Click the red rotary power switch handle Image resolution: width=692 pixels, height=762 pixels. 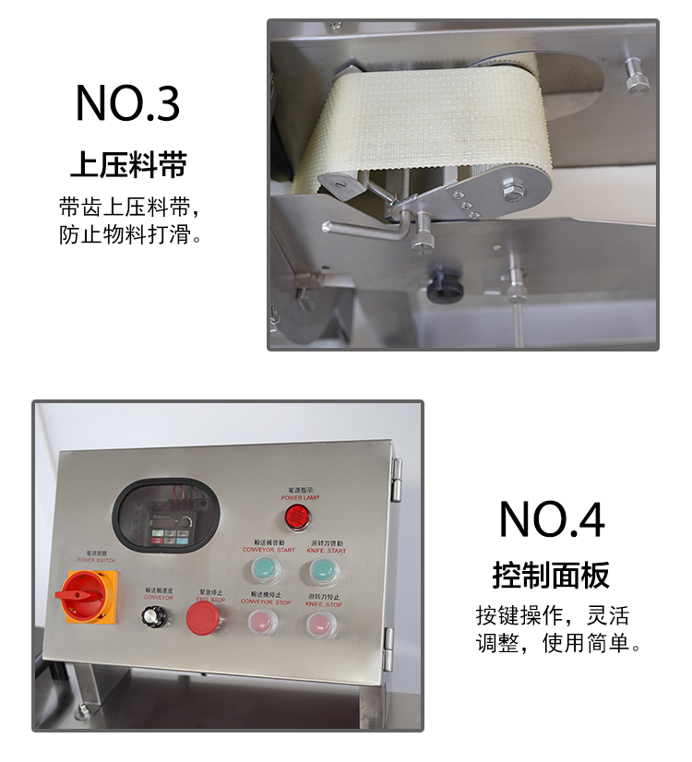[x=82, y=593]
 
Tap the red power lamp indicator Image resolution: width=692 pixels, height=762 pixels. [x=295, y=515]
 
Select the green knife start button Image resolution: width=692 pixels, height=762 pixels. [x=322, y=570]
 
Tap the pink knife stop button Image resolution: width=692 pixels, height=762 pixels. [x=322, y=624]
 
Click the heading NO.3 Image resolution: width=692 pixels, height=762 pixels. [x=127, y=103]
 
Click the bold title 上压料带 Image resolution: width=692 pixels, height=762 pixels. [x=128, y=164]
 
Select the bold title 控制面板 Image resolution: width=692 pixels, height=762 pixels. [x=551, y=576]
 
